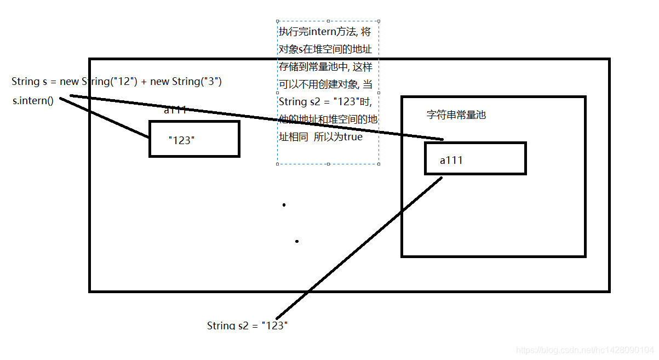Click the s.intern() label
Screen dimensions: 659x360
pos(33,101)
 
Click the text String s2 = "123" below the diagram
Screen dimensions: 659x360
pos(247,325)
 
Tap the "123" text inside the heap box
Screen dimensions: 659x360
pos(181,140)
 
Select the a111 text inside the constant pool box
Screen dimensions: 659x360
pos(451,160)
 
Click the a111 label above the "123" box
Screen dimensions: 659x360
pos(175,110)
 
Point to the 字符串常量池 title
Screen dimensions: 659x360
pos(456,115)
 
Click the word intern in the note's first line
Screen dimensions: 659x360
pos(319,32)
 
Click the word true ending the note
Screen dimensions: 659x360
pos(353,137)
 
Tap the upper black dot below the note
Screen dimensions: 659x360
pos(284,205)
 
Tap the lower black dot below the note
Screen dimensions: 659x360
pos(297,241)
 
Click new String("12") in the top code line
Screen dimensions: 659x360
pos(98,82)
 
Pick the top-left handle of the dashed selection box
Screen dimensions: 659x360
pos(278,21)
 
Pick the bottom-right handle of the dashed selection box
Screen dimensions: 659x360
pos(379,163)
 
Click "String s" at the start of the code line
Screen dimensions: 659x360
pos(25,82)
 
